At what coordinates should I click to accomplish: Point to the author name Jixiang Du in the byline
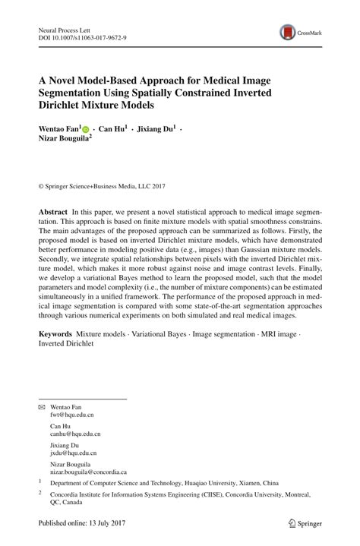tap(156, 130)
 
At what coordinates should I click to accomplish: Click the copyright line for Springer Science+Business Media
tap(101, 185)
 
